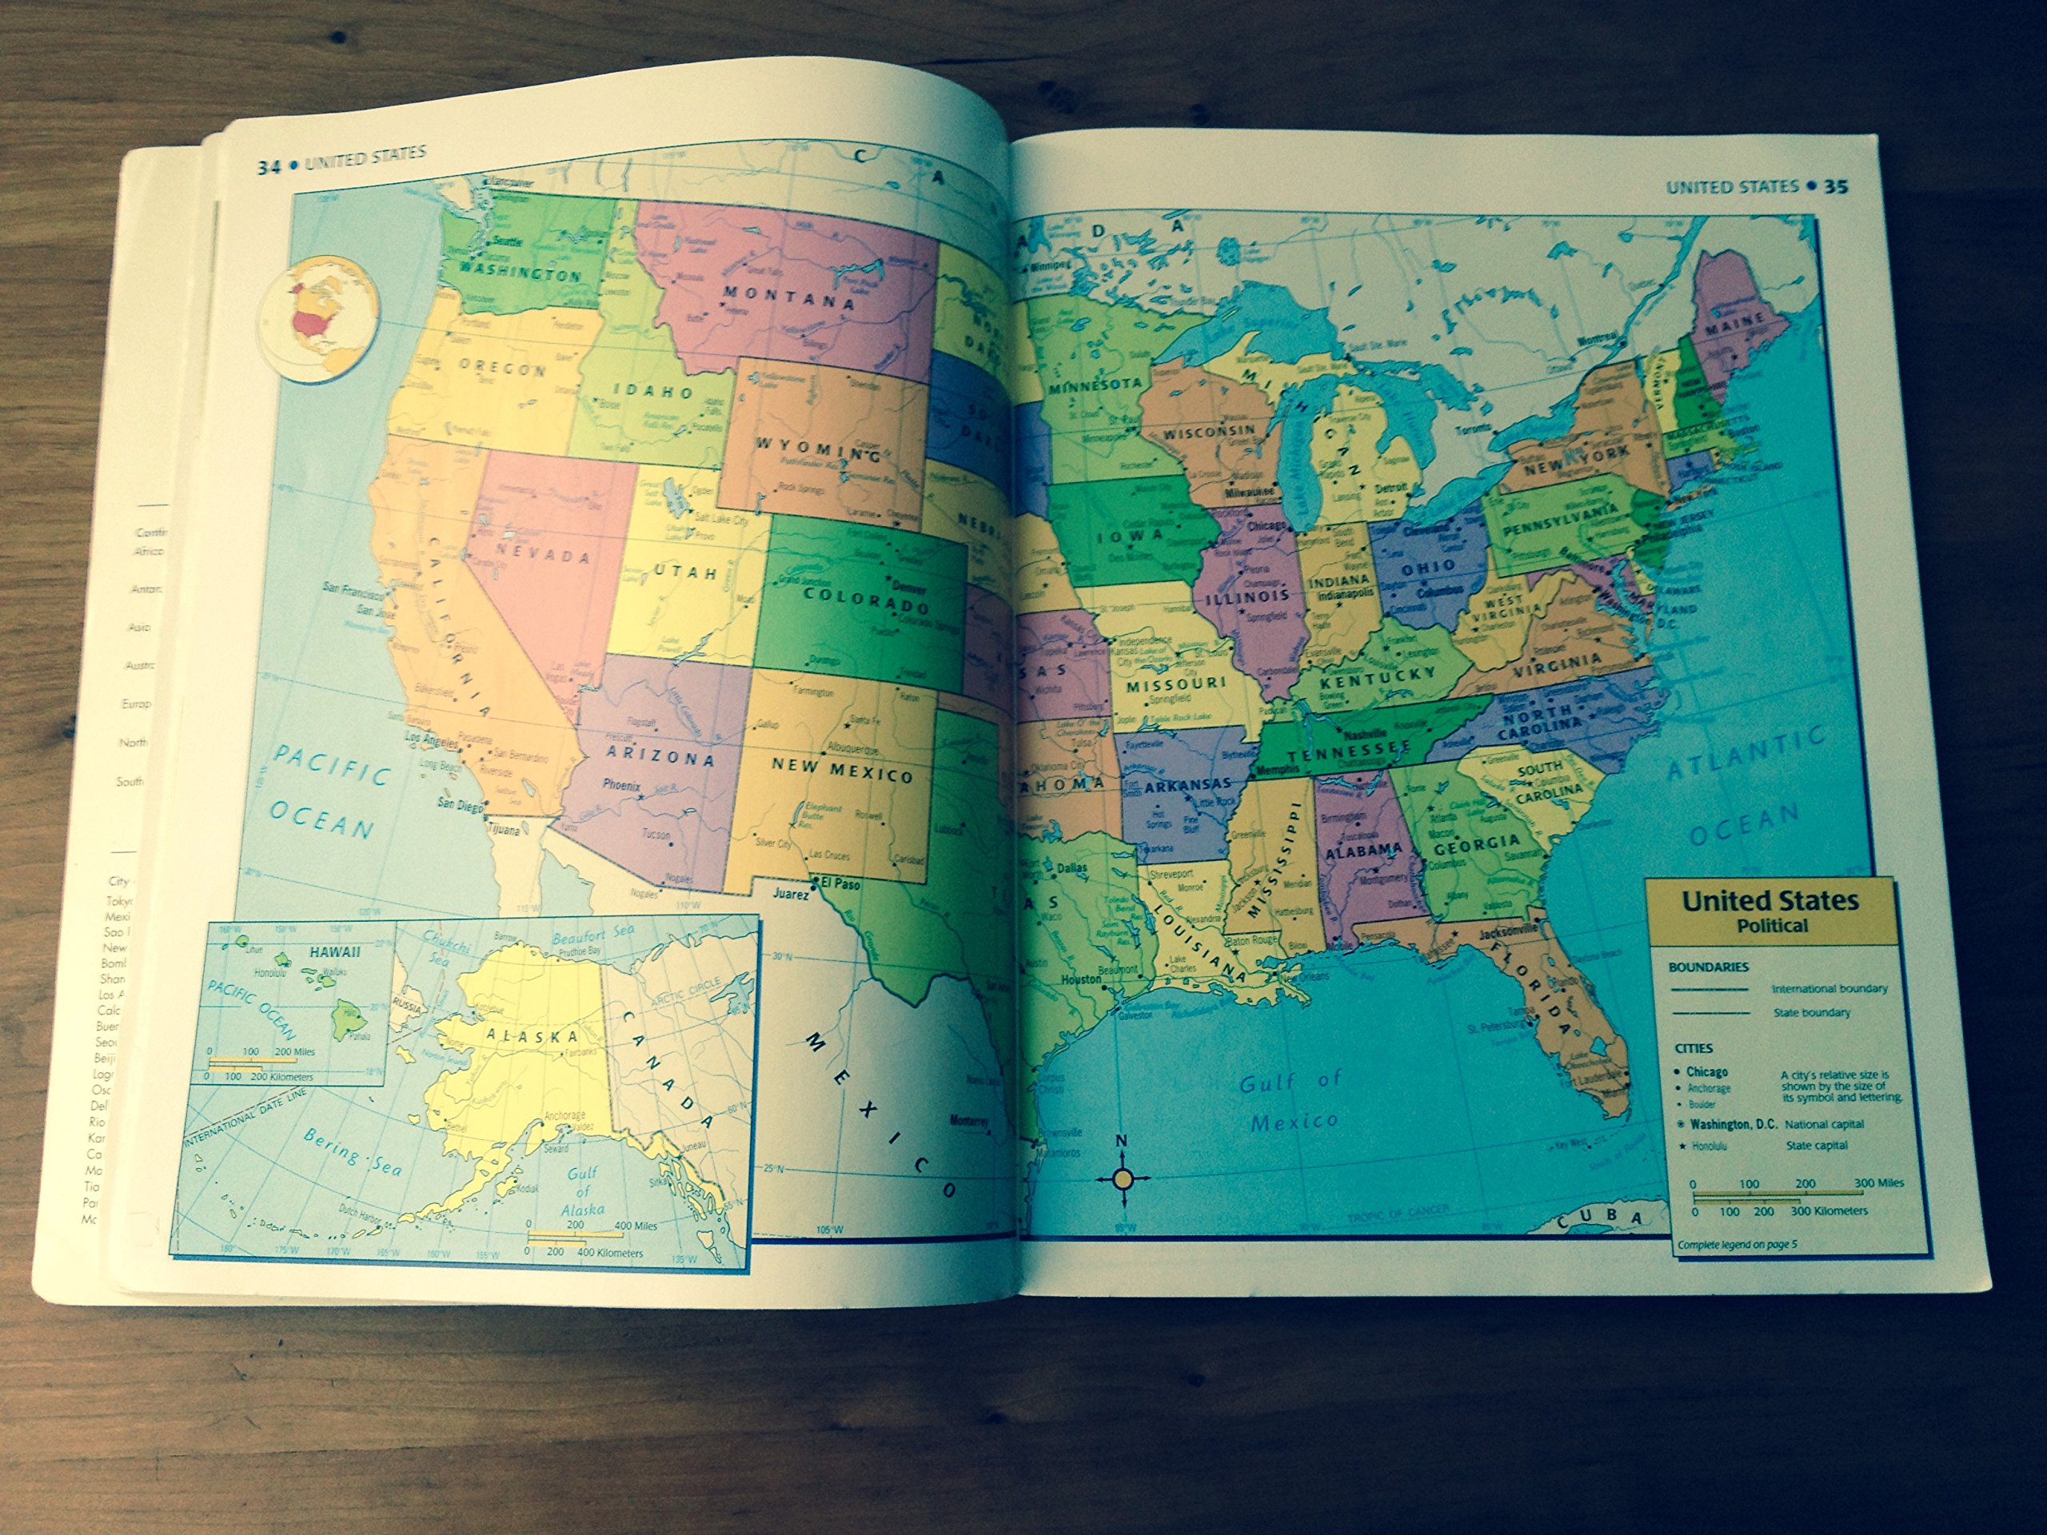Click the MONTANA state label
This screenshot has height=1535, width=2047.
788,297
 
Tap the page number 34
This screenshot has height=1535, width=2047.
269,166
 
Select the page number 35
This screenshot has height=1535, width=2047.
1835,186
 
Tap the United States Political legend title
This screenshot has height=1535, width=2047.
1770,911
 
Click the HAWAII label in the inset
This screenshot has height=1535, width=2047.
335,951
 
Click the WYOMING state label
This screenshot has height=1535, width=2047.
818,448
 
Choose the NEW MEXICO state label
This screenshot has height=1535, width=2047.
842,770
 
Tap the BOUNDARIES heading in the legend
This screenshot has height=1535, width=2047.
1707,967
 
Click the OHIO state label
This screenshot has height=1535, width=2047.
1428,566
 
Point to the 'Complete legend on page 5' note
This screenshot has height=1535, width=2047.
1737,1245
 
